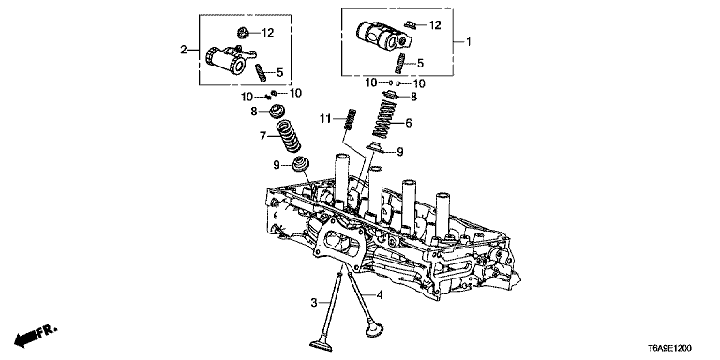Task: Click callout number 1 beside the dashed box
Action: coord(469,42)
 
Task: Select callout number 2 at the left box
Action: coord(184,50)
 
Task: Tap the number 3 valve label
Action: coord(314,302)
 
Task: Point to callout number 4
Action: coord(379,295)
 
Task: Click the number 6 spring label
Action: coord(408,123)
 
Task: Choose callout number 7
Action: coord(263,136)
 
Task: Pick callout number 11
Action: coord(325,119)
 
